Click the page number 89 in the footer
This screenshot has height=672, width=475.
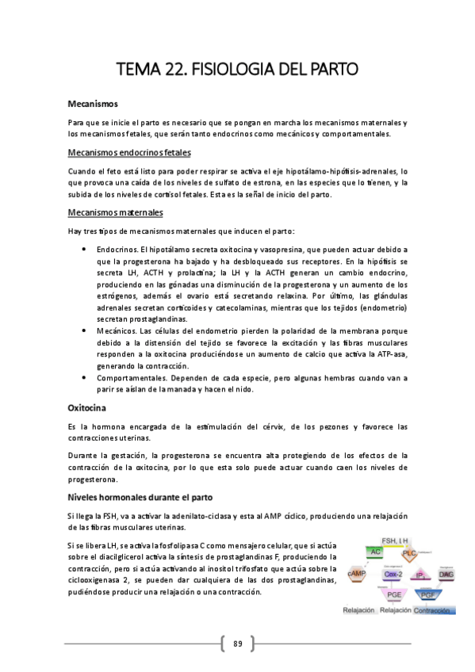237,643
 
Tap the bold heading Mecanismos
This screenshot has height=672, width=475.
93,104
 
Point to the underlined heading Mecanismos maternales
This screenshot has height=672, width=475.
116,212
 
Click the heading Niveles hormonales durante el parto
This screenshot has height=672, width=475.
141,498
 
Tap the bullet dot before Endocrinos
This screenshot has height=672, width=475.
84,249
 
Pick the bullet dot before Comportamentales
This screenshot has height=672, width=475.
84,378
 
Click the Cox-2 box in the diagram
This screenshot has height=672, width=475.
393,573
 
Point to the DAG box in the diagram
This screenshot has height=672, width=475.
446,573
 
